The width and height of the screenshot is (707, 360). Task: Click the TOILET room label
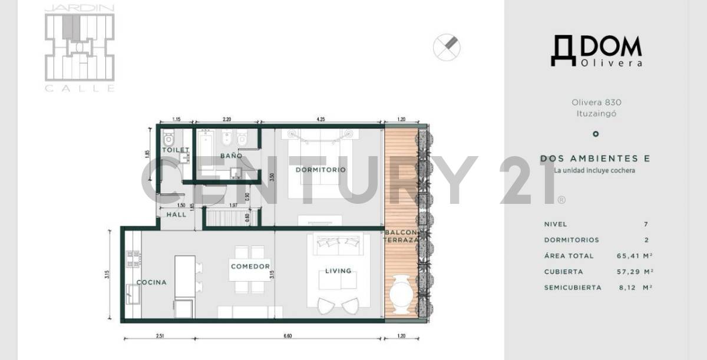[x=176, y=150]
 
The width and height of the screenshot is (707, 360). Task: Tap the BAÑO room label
[x=231, y=156]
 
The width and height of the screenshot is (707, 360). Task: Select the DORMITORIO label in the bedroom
[x=321, y=170]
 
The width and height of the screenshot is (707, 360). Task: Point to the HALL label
[x=176, y=214]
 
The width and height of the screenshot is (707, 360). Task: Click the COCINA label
[x=151, y=282]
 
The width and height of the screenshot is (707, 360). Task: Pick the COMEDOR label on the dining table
[x=250, y=267]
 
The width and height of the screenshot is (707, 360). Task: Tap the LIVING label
[x=338, y=271]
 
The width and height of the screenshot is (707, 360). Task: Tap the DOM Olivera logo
[x=596, y=51]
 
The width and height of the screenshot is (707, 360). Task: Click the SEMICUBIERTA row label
[x=573, y=288]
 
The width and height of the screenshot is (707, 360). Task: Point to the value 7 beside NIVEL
[x=646, y=224]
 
